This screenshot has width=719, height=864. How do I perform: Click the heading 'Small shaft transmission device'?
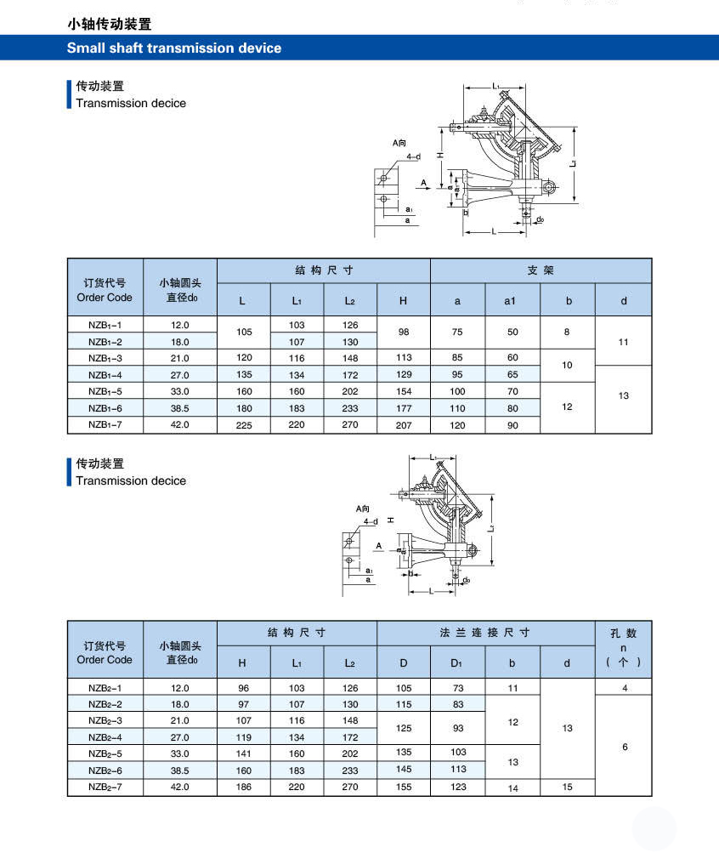tap(174, 48)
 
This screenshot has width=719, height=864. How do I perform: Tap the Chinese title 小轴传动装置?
tap(110, 25)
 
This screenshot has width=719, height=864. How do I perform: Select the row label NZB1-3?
tap(105, 358)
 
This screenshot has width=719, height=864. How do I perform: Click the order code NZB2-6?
tap(105, 770)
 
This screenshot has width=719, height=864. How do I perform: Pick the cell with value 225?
tap(243, 425)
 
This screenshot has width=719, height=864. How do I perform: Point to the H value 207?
tap(403, 425)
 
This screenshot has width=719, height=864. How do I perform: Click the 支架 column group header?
tap(541, 270)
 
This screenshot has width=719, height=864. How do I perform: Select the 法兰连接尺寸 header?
tap(484, 633)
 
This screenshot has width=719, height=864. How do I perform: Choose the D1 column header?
tap(457, 662)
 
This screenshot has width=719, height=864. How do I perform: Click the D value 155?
tap(404, 787)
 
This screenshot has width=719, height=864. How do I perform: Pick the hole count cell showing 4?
tap(625, 688)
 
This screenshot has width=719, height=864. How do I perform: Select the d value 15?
tap(568, 787)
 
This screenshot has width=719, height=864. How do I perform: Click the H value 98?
tap(403, 333)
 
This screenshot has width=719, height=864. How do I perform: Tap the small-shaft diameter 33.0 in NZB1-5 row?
tap(180, 392)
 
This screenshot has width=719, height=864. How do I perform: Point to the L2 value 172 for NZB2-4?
tap(350, 737)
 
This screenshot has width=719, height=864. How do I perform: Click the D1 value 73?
tap(458, 688)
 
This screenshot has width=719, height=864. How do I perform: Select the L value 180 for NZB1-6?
tap(243, 408)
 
